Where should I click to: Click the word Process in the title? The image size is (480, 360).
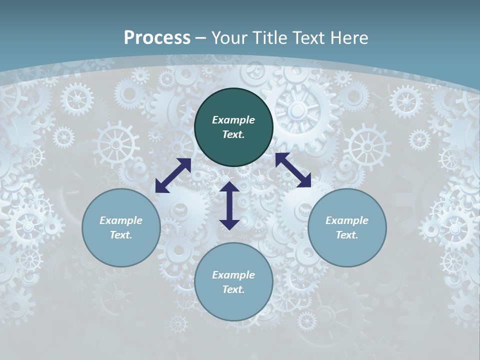(x=157, y=38)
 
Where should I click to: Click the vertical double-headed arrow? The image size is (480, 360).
(x=229, y=205)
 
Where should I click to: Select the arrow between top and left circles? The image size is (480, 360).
(x=173, y=175)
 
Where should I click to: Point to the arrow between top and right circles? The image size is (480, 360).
(x=293, y=170)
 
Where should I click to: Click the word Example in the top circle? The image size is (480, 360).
(x=233, y=120)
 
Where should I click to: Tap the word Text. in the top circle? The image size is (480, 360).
(x=233, y=134)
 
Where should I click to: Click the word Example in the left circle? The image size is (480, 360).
(x=121, y=220)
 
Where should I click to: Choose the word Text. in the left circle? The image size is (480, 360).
(x=121, y=235)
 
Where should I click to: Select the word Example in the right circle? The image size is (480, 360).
(x=347, y=220)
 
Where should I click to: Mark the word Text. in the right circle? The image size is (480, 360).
(x=347, y=235)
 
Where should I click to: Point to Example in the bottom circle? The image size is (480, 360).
(x=233, y=275)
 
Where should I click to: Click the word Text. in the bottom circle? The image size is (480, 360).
(x=233, y=289)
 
